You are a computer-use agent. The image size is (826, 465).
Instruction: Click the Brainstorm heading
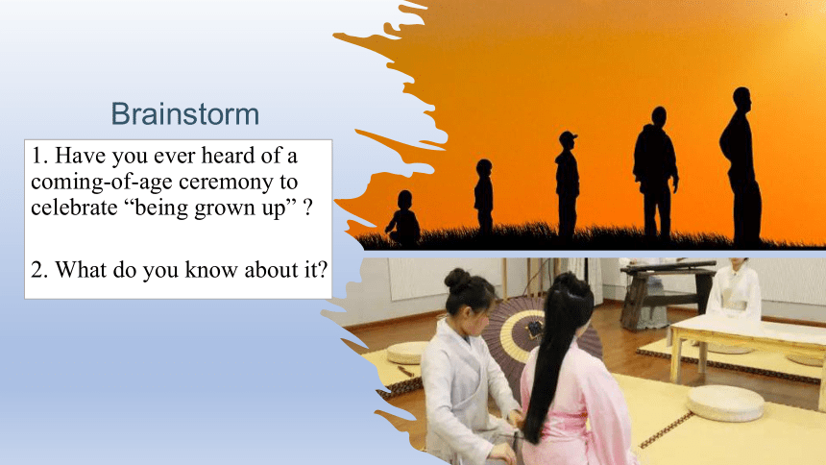tap(185, 114)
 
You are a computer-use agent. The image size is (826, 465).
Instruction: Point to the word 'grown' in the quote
tap(224, 209)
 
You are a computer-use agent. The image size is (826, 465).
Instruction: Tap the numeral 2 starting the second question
tap(36, 270)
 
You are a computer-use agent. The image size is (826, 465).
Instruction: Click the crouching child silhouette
tap(403, 218)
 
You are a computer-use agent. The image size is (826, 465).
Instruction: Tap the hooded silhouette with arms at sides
tap(655, 175)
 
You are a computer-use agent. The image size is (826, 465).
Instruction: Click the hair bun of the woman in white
tap(458, 281)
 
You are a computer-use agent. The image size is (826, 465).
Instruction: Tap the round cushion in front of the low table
tap(725, 404)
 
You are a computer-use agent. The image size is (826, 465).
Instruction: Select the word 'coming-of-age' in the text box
tap(101, 182)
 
